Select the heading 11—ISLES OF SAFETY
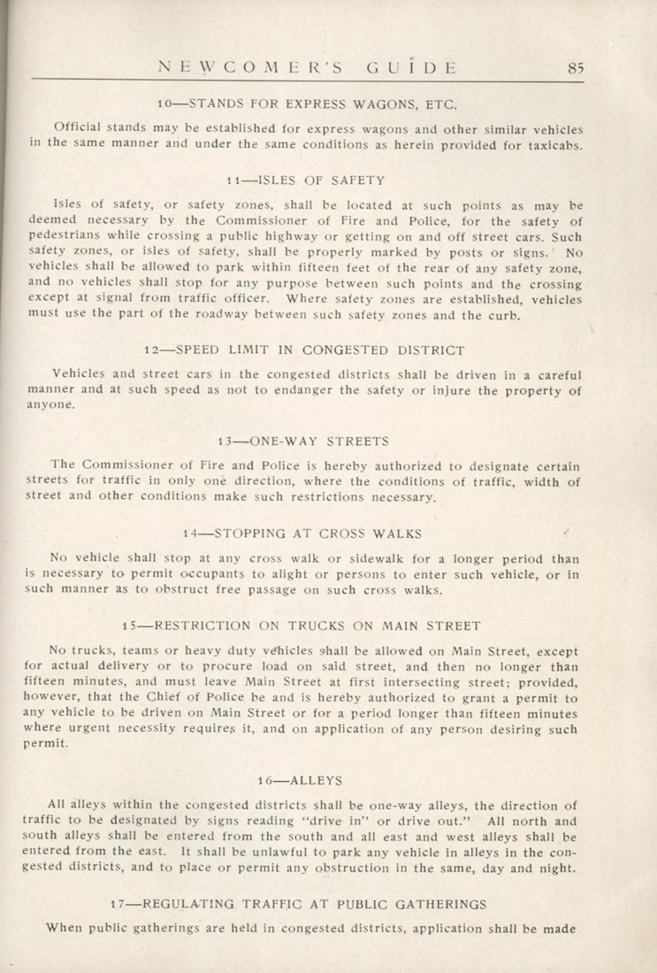pos(305,180)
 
